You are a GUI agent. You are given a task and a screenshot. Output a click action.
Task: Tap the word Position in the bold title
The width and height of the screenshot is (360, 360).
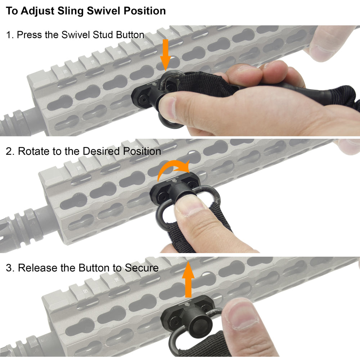tap(144, 11)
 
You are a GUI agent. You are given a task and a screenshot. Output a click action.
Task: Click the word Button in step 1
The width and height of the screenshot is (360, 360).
tap(130, 35)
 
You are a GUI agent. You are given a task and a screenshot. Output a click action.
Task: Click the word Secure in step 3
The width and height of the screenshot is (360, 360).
tap(141, 268)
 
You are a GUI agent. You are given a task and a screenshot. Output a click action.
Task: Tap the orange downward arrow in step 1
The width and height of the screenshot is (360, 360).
tap(165, 55)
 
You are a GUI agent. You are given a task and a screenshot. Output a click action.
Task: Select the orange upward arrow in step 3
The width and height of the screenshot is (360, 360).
tap(188, 280)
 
